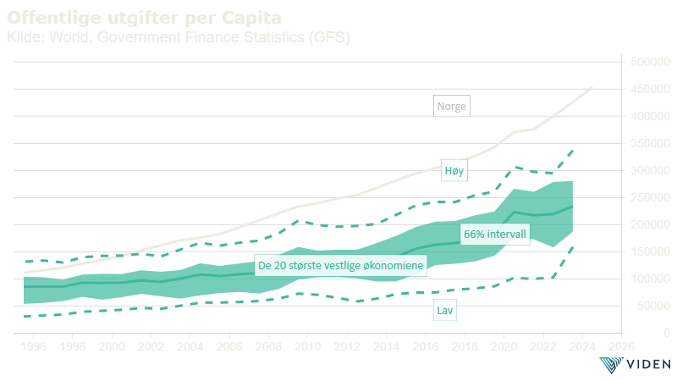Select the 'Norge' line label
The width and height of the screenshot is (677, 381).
[451, 107]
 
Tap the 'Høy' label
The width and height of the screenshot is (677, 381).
[453, 170]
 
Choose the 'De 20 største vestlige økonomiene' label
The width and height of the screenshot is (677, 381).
[340, 266]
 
